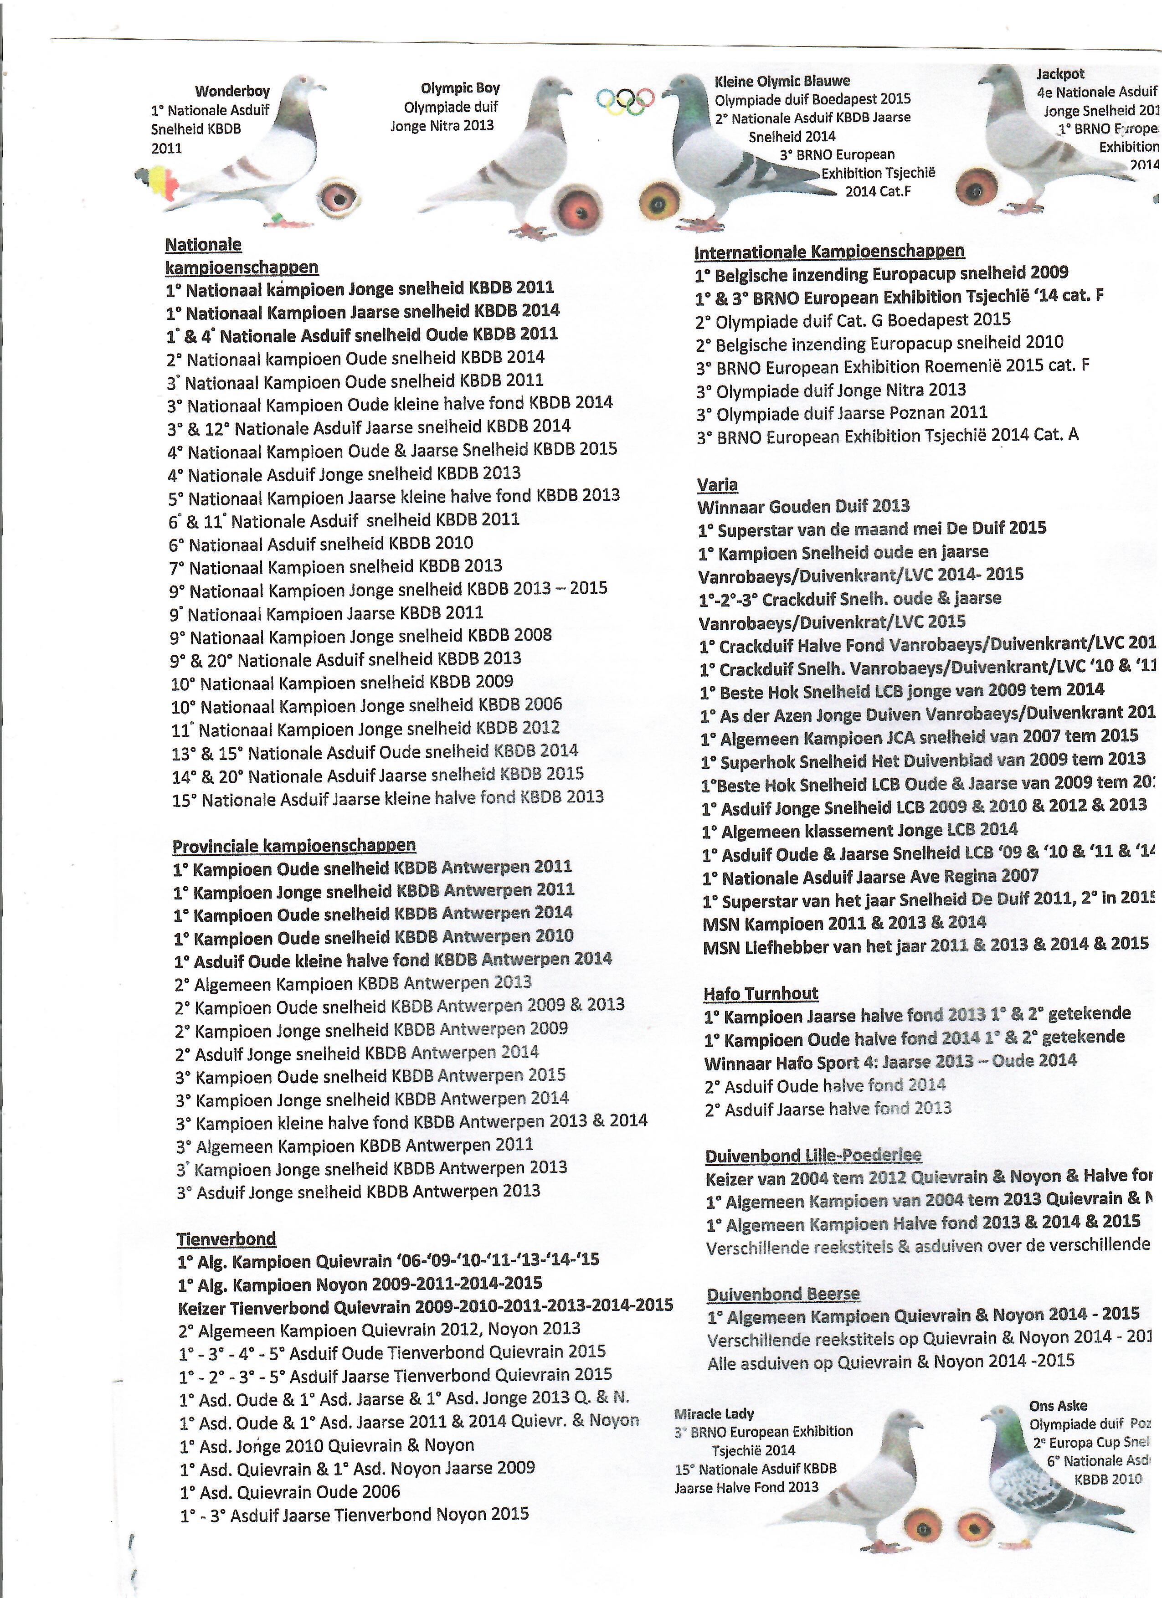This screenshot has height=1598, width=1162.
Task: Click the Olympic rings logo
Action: click(x=625, y=100)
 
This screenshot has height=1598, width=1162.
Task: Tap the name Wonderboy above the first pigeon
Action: click(x=232, y=91)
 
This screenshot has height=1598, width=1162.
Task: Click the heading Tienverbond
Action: click(x=216, y=1238)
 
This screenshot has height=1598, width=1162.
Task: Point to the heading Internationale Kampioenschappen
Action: click(x=829, y=252)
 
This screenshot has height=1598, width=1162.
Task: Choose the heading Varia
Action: click(x=717, y=485)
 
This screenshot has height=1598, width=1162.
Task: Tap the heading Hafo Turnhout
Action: click(x=761, y=993)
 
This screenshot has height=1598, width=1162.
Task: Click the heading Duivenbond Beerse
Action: click(x=783, y=1294)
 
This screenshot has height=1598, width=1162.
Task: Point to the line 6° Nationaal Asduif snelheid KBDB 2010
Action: click(x=321, y=543)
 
